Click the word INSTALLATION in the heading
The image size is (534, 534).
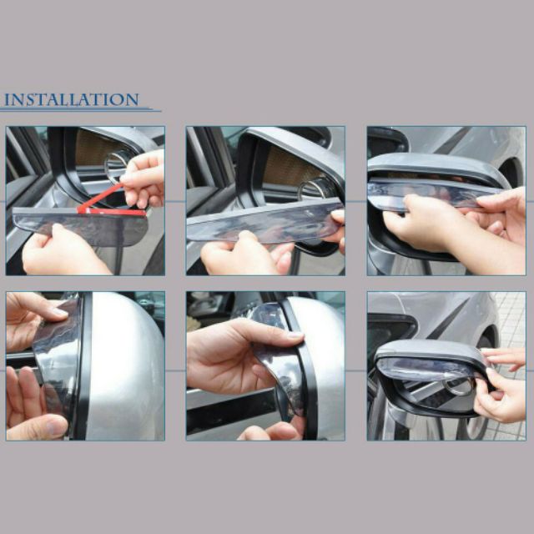72,99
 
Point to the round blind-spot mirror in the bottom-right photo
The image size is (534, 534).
459,386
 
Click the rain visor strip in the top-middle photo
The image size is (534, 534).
264,223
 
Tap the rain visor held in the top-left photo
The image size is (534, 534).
80,225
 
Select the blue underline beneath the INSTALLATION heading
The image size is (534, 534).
81,109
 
